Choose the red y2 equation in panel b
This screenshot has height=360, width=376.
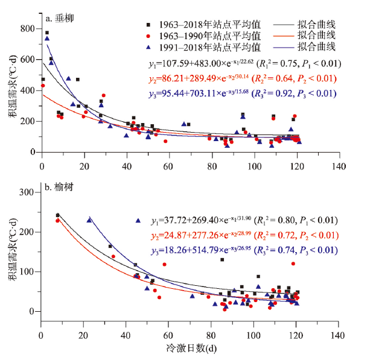pos(241,236)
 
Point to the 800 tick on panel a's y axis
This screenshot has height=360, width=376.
pos(27,29)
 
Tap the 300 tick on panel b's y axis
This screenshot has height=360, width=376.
pos(27,192)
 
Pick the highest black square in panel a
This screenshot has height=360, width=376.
pos(47,33)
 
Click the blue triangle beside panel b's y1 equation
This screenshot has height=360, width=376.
pos(138,221)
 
